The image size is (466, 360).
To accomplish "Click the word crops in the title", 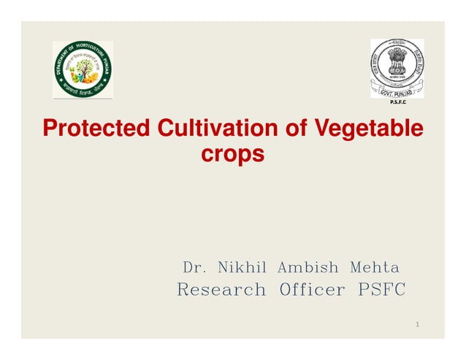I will coord(232,155).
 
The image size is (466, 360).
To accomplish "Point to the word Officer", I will coord(312,290).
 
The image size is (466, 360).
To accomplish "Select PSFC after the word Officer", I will coord(380,290).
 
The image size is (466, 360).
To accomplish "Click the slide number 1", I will coord(416,323).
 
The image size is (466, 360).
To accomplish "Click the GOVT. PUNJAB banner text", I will coord(397,93).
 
